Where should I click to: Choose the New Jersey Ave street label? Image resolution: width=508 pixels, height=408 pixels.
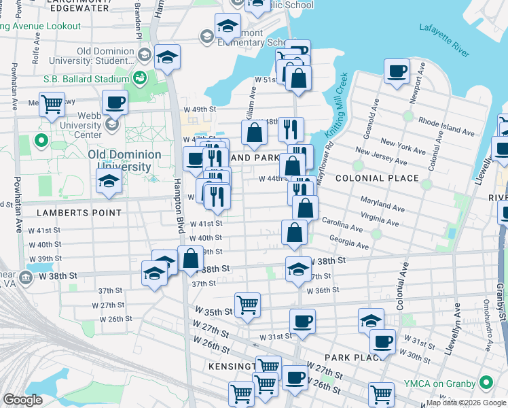[x=381, y=157]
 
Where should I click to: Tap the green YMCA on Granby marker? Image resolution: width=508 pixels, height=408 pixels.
[x=485, y=382]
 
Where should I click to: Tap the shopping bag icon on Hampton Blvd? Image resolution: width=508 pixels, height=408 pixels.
[x=191, y=258]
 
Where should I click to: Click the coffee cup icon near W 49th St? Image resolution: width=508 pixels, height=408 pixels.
[x=114, y=103]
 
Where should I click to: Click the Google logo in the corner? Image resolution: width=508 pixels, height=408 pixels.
[x=23, y=400]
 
